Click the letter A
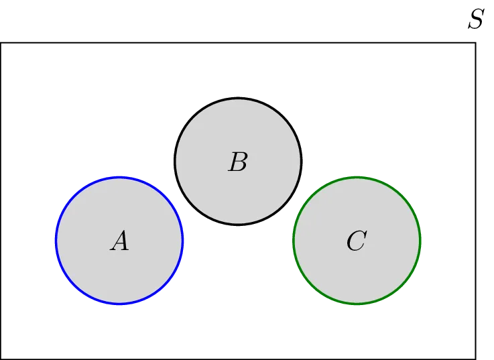119,241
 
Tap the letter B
238,162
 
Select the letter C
356,241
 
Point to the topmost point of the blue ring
119,178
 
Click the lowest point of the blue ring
119,304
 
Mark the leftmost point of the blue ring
56,241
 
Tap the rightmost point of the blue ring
182,241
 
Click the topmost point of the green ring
357,178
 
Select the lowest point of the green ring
357,304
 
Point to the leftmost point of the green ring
294,241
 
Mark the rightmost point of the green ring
420,241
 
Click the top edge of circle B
238,99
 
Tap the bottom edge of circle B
238,223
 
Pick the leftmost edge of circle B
176,162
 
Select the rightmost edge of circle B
300,162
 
